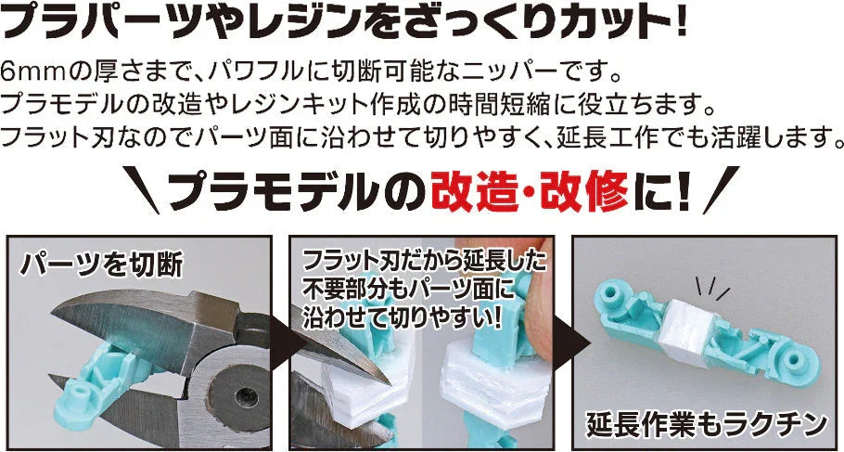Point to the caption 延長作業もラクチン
click(x=706, y=424)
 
